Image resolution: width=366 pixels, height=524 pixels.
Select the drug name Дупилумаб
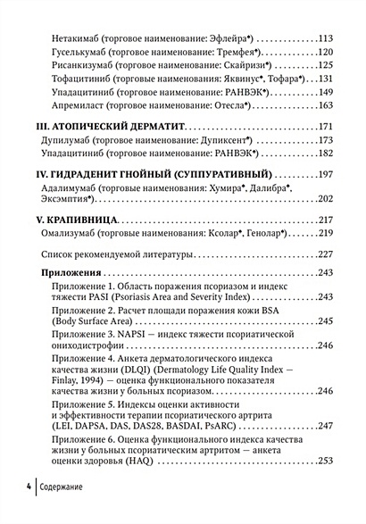(69, 140)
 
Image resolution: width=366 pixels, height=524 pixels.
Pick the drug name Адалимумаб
(73, 188)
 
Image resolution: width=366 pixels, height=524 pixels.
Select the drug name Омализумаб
(73, 233)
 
